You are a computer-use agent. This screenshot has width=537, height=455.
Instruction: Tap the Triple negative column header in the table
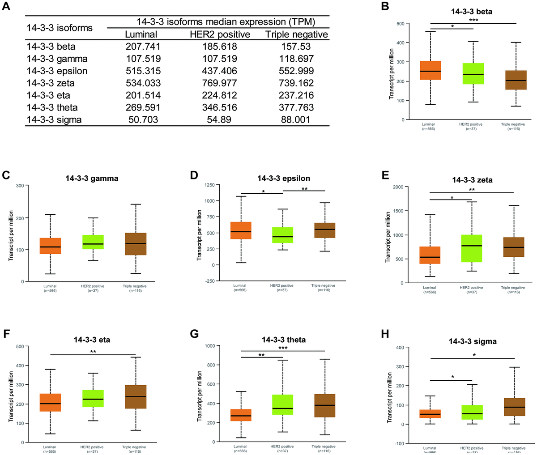pyautogui.click(x=296, y=34)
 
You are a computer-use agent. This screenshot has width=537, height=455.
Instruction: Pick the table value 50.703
pyautogui.click(x=141, y=119)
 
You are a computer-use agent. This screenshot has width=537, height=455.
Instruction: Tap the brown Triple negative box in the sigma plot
pyautogui.click(x=514, y=407)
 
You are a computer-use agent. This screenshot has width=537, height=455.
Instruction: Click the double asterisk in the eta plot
pyautogui.click(x=93, y=352)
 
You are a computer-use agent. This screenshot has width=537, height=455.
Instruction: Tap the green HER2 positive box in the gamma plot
pyautogui.click(x=93, y=242)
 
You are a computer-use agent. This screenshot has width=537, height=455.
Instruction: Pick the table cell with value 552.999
pyautogui.click(x=296, y=71)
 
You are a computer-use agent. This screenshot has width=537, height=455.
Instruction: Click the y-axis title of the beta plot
pyautogui.click(x=392, y=74)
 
